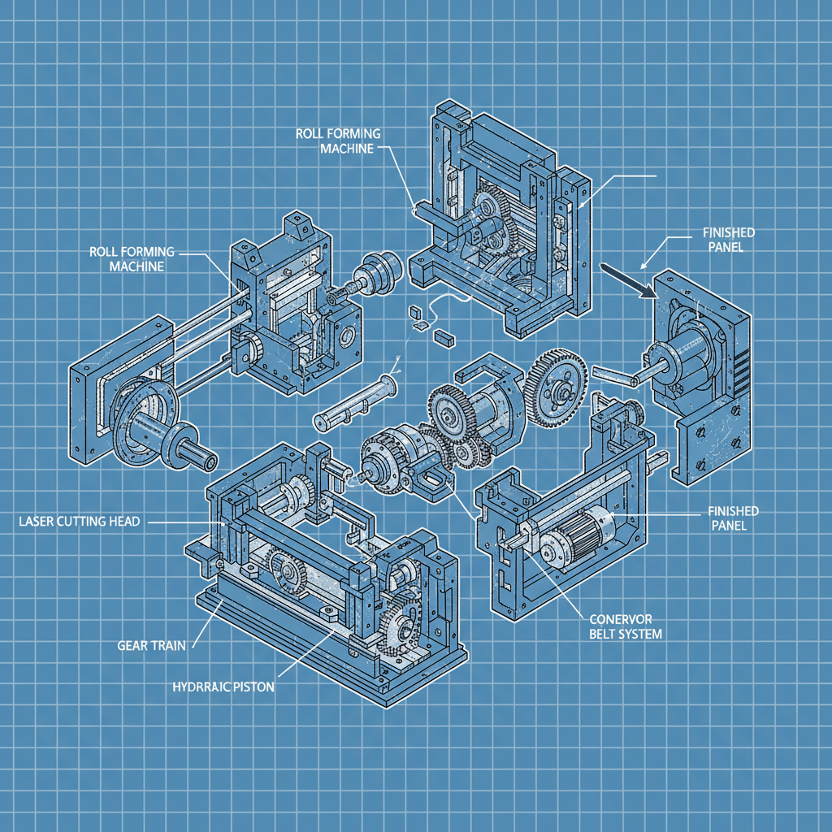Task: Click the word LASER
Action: [36, 521]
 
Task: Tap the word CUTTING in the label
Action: [80, 521]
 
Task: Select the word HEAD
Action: [124, 521]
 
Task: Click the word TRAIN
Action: [167, 645]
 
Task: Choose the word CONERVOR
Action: [621, 618]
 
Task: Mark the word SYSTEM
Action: [641, 634]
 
